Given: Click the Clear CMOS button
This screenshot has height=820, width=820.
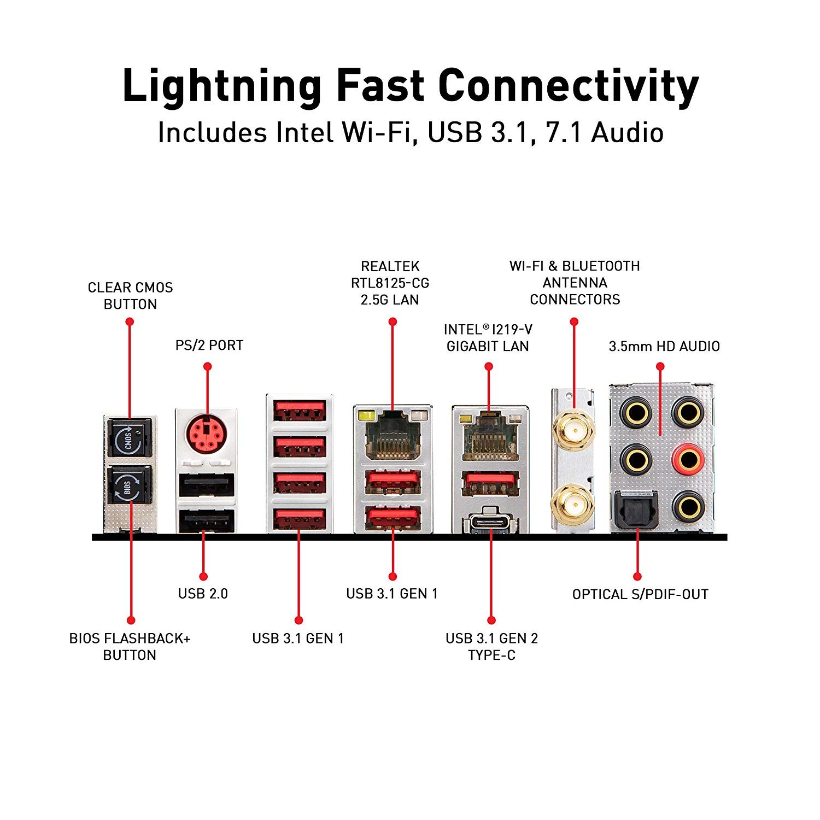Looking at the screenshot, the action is tap(130, 438).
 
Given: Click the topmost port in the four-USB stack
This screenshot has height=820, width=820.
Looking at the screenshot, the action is tap(300, 411).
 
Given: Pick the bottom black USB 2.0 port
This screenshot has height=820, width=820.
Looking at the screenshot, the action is tap(207, 520).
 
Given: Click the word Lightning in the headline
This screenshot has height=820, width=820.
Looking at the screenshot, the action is tap(222, 86).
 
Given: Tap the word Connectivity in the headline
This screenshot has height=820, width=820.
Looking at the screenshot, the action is tap(569, 86).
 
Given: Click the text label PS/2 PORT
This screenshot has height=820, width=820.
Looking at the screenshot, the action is tap(209, 345).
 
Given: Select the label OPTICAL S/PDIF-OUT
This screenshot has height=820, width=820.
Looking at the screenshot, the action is tap(640, 594).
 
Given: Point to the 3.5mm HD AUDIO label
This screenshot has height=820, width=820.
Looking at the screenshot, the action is tap(664, 346).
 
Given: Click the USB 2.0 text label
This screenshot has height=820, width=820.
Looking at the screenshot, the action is tap(203, 594).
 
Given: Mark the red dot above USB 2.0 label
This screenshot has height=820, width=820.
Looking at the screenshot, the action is tap(203, 576).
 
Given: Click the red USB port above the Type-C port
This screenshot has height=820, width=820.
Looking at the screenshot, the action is tap(490, 483).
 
